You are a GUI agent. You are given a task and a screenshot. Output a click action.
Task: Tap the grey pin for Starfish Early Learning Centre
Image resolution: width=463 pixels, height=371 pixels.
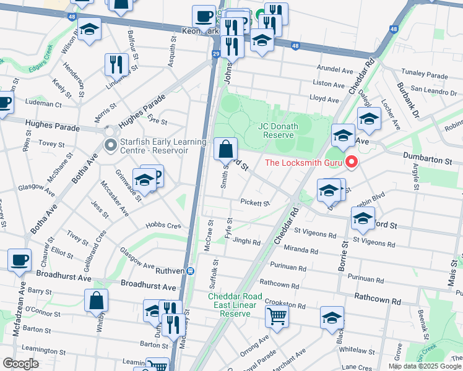(111, 145)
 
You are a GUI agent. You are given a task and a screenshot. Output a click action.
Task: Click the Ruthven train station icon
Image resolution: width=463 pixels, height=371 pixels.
(191, 271)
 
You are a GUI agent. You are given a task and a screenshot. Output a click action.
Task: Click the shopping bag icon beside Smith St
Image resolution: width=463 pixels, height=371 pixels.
(226, 149)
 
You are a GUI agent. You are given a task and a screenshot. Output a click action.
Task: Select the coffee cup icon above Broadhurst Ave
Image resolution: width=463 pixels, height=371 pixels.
(19, 260)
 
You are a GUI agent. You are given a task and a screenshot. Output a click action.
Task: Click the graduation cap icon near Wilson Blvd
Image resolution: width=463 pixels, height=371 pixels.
(90, 31)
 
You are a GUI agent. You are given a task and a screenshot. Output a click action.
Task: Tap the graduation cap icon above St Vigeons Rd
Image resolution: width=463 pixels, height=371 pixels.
(363, 218)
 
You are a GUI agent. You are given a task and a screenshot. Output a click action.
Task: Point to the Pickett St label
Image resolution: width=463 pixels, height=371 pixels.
(255, 203)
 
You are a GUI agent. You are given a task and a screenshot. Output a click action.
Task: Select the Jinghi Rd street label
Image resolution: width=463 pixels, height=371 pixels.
(246, 242)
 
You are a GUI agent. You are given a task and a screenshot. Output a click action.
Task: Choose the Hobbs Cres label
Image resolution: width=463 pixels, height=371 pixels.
(163, 226)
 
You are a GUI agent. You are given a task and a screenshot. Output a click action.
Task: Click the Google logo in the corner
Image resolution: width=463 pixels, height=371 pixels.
(20, 364)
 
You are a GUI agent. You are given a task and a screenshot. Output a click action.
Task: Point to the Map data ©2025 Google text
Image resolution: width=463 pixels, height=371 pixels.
(425, 366)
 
